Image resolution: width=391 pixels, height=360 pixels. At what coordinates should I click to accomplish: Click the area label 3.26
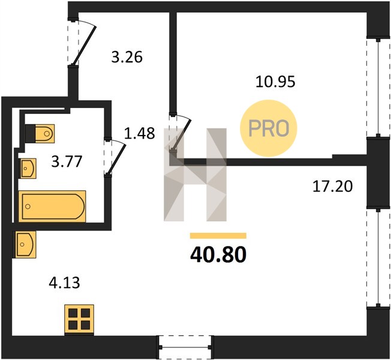[x=127, y=57]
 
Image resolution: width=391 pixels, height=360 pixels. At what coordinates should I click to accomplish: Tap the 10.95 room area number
[x=275, y=82]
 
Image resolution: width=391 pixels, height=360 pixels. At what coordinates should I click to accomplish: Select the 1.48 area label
[x=139, y=133]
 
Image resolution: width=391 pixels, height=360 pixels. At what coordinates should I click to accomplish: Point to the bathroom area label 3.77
[x=67, y=161]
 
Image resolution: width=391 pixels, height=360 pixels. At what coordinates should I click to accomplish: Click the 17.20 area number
[x=332, y=187]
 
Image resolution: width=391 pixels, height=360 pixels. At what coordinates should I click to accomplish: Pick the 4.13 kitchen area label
[x=65, y=283]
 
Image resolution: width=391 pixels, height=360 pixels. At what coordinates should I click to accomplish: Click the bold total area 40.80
[x=218, y=255]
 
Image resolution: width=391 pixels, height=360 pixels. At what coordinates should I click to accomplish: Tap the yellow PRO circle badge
[x=269, y=128]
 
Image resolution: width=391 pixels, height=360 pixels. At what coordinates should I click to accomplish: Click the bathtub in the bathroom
[x=52, y=206]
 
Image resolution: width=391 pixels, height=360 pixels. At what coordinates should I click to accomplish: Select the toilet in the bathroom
[x=40, y=133]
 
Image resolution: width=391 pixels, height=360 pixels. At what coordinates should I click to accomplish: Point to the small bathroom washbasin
[x=28, y=169]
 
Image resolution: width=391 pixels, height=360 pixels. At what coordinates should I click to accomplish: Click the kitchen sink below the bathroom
[x=25, y=244]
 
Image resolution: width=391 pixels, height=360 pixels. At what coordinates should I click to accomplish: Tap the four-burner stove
[x=79, y=319]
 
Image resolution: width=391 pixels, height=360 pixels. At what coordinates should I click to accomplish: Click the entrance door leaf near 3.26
[x=84, y=45]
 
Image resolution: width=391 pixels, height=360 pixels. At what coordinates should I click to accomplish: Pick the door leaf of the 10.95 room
[x=182, y=134]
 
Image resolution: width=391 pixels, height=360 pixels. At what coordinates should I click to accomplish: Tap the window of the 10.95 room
[x=378, y=88]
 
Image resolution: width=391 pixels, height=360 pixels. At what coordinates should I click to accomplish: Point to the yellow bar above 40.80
[x=218, y=236]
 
